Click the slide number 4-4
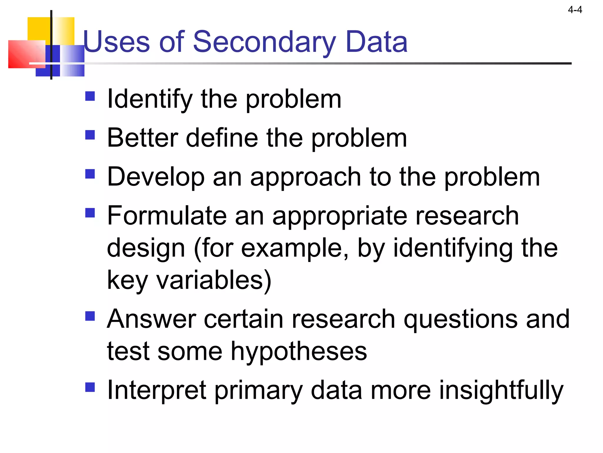click(575, 10)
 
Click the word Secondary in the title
click(264, 42)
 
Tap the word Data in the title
click(377, 42)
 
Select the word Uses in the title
click(117, 42)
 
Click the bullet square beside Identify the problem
click(90, 96)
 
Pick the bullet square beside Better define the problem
click(90, 135)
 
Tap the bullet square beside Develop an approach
click(90, 174)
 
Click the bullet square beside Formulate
click(90, 213)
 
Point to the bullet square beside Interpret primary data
click(90, 387)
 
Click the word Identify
click(150, 100)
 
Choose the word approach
click(305, 178)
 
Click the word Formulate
click(167, 216)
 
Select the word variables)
click(213, 280)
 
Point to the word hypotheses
click(299, 352)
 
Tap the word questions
click(460, 319)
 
